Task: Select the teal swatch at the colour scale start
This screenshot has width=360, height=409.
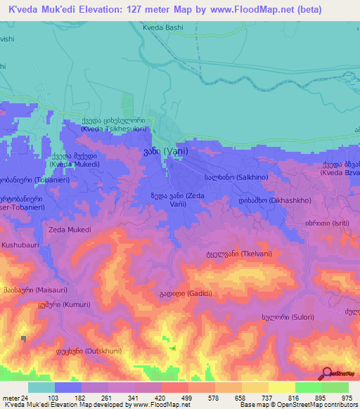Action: (x=41, y=387)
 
